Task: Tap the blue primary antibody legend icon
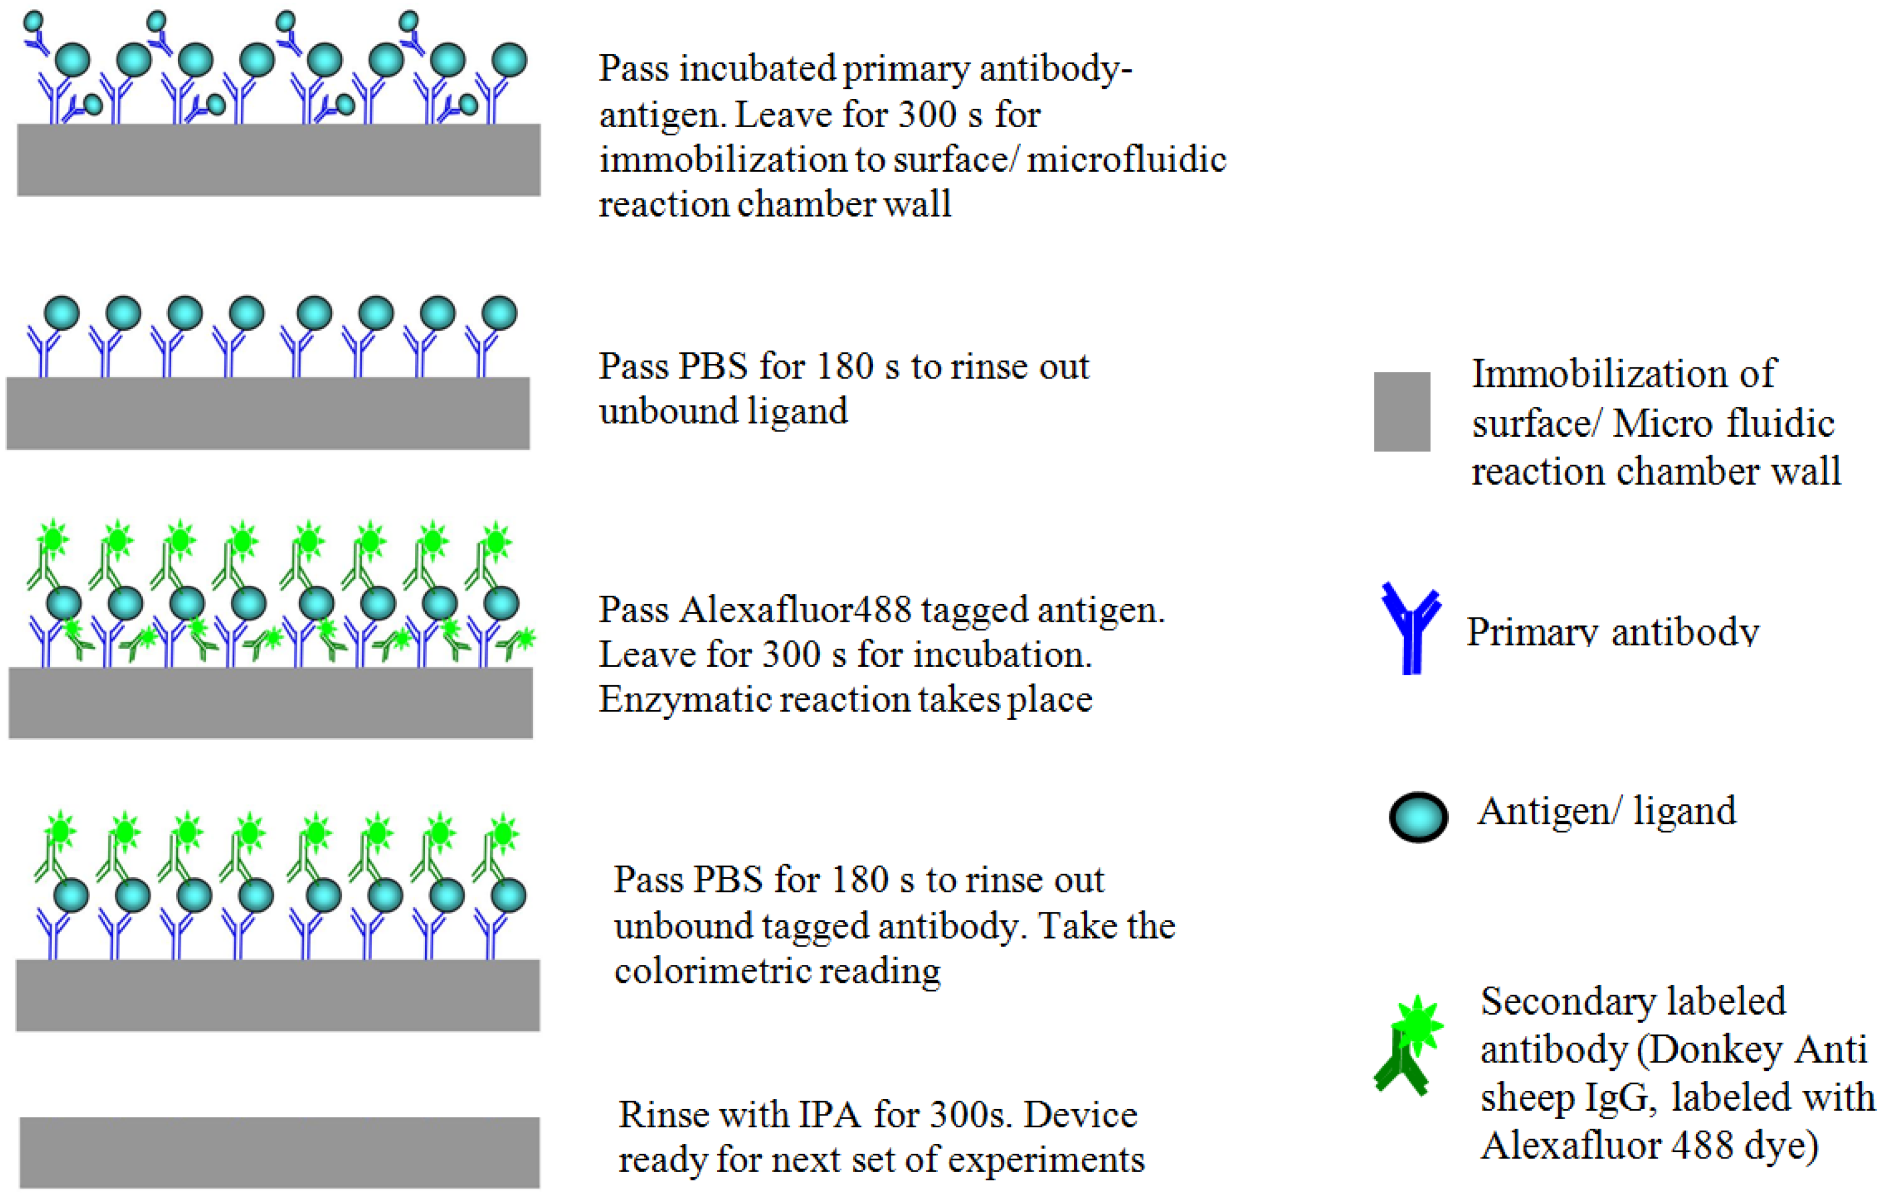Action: pyautogui.click(x=1411, y=629)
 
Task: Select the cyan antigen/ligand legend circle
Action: pyautogui.click(x=1418, y=817)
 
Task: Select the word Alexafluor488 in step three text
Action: pyautogui.click(x=795, y=610)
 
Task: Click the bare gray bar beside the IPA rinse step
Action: pyautogui.click(x=280, y=1152)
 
